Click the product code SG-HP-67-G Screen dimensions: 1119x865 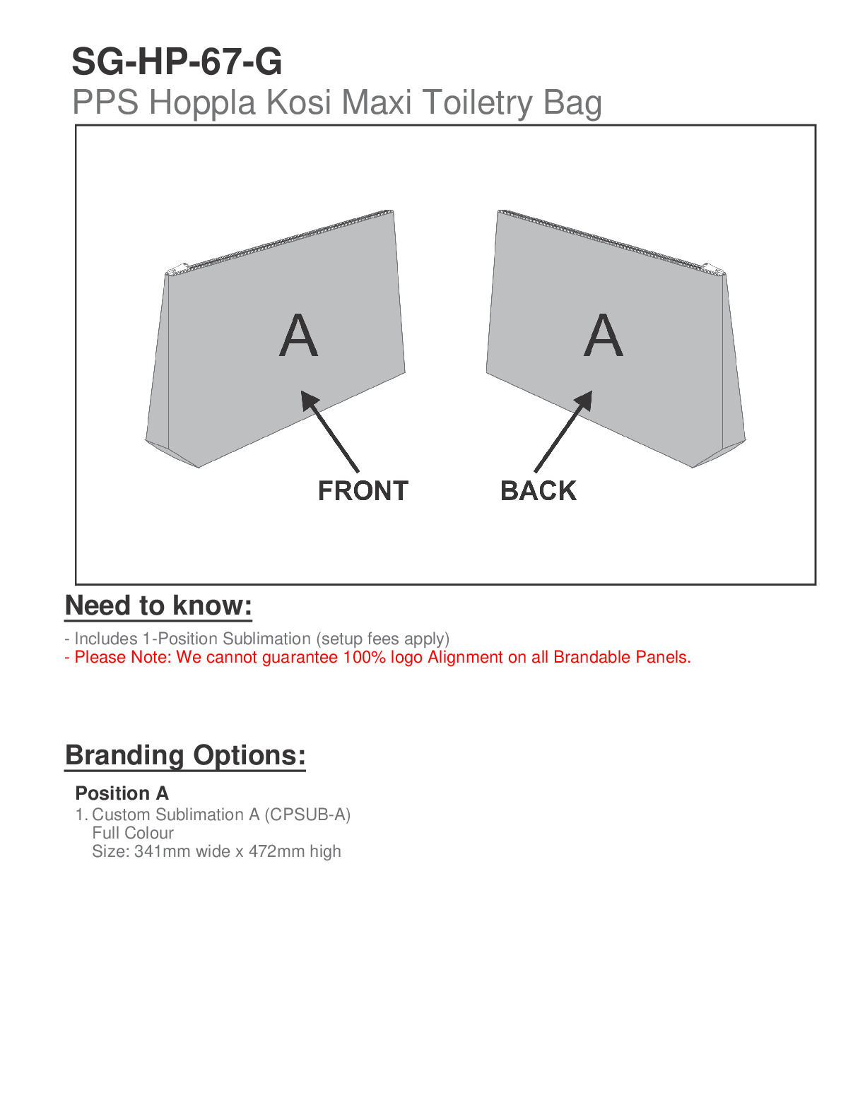[x=177, y=62]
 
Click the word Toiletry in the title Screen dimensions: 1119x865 [x=477, y=102]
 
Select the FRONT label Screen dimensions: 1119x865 [x=363, y=491]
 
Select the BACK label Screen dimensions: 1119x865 [x=538, y=491]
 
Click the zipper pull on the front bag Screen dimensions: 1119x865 [x=175, y=270]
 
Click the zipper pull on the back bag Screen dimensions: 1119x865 [x=712, y=269]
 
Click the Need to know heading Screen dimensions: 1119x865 [x=158, y=606]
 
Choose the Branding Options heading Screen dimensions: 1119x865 [x=185, y=755]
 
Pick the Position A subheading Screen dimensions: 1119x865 [x=122, y=793]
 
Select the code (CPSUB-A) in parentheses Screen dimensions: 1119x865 [x=307, y=815]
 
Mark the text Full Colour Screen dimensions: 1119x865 [x=133, y=833]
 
